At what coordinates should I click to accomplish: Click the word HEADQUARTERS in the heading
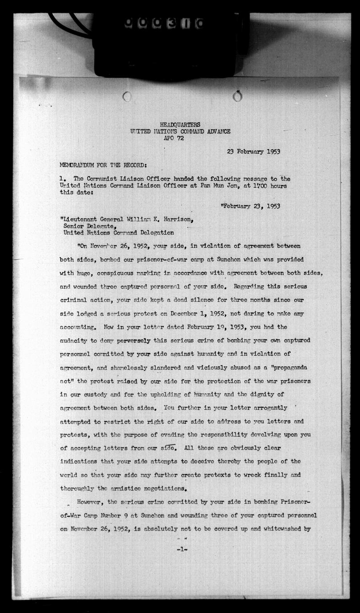pyautogui.click(x=180, y=125)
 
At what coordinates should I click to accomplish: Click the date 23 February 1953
pyautogui.click(x=253, y=151)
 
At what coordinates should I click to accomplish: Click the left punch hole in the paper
pyautogui.click(x=127, y=96)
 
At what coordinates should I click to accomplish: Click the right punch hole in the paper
pyautogui.click(x=238, y=96)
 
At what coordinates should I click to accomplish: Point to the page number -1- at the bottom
pyautogui.click(x=182, y=549)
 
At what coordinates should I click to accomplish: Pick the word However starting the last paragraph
pyautogui.click(x=90, y=502)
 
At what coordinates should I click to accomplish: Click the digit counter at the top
pyautogui.click(x=164, y=23)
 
